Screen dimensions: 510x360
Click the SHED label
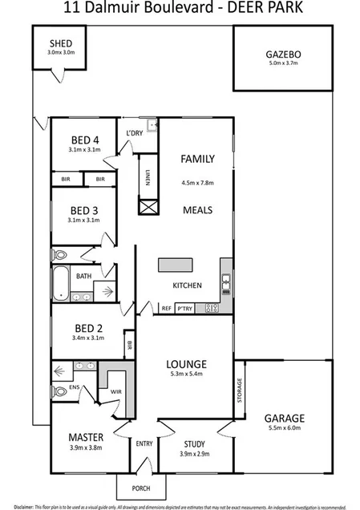click(61, 42)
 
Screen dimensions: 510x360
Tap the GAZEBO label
click(282, 55)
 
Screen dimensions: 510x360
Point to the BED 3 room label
click(83, 210)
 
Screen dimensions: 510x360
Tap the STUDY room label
click(195, 443)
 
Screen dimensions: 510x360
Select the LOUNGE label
click(188, 362)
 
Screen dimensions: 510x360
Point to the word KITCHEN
click(187, 286)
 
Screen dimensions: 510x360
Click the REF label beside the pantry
click(167, 308)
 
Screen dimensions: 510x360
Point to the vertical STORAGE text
click(239, 392)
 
